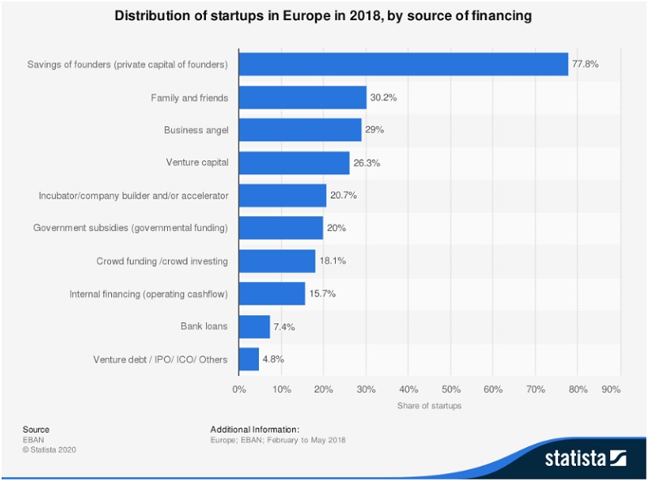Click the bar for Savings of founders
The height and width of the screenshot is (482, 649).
pyautogui.click(x=403, y=64)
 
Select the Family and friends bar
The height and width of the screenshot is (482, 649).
pyautogui.click(x=302, y=98)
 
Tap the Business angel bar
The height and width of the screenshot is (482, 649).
pyautogui.click(x=299, y=130)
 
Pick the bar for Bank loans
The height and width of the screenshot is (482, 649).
pyautogui.click(x=254, y=326)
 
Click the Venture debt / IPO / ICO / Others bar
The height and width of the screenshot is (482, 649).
pyautogui.click(x=248, y=359)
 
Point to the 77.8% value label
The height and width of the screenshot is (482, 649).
pyautogui.click(x=585, y=64)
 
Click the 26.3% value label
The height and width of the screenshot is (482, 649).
pyautogui.click(x=367, y=163)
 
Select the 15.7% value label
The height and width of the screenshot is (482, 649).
pyautogui.click(x=322, y=293)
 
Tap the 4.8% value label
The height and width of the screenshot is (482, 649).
pyautogui.click(x=273, y=359)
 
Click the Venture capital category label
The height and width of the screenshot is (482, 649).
pyautogui.click(x=196, y=163)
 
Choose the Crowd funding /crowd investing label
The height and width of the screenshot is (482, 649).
pyautogui.click(x=162, y=261)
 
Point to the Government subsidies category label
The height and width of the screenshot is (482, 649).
pyautogui.click(x=131, y=228)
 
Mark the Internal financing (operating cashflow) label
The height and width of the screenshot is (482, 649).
pyautogui.click(x=149, y=293)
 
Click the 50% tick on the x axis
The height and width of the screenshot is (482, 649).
pyautogui.click(x=451, y=390)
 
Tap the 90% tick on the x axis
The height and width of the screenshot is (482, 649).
pyautogui.click(x=610, y=390)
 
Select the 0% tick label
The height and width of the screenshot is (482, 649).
pyautogui.click(x=239, y=390)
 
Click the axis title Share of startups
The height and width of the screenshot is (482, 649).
pyautogui.click(x=429, y=406)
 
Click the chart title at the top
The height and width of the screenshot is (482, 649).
pyautogui.click(x=324, y=16)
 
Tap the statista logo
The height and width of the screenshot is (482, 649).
pyautogui.click(x=585, y=458)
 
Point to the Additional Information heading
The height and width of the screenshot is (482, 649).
pyautogui.click(x=255, y=429)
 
